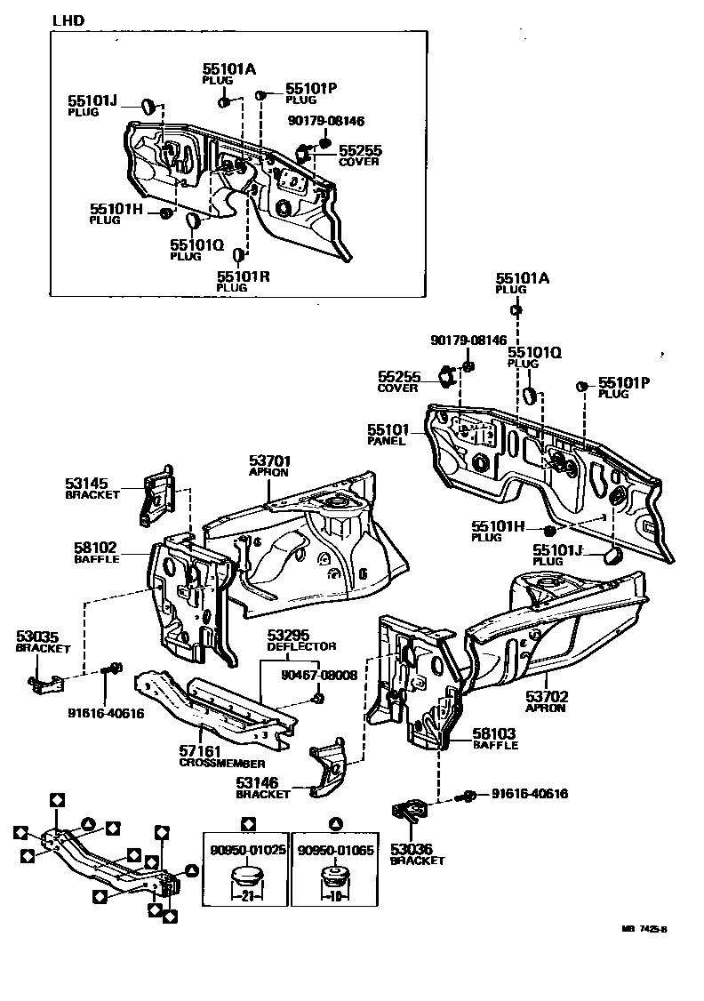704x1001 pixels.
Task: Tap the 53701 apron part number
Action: coord(270,461)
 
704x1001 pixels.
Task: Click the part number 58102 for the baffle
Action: coord(95,549)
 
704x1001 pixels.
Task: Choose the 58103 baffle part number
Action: coord(495,733)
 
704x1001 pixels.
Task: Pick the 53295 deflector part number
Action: coord(289,636)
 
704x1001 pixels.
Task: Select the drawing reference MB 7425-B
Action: coord(644,929)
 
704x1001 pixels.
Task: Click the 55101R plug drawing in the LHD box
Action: coord(239,256)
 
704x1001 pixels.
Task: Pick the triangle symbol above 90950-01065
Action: coord(334,822)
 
